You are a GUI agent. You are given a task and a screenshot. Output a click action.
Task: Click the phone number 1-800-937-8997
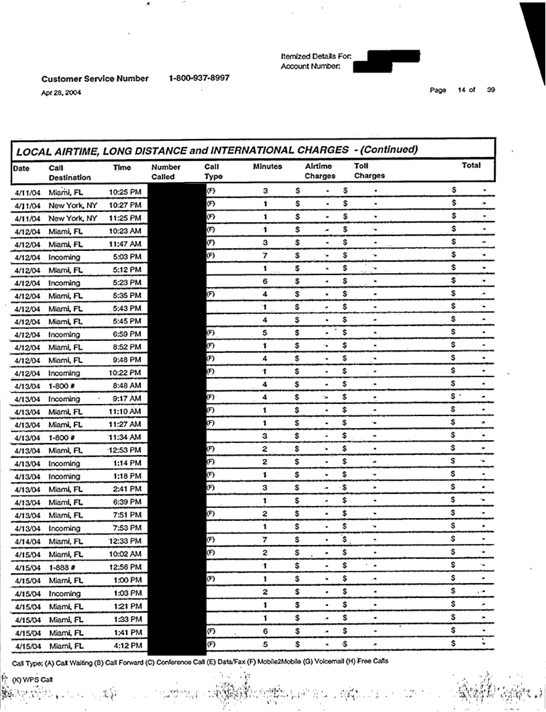199,78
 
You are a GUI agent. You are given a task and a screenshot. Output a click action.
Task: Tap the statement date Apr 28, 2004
62,93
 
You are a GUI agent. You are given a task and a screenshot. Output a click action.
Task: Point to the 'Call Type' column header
213,171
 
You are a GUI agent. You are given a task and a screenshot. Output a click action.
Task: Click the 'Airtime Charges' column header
320,171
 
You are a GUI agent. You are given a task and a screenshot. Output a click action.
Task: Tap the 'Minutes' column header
267,166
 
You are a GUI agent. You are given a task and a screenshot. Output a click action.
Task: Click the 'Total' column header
471,165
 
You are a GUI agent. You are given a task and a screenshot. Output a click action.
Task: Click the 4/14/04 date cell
27,542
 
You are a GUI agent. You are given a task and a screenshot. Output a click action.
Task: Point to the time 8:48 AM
125,385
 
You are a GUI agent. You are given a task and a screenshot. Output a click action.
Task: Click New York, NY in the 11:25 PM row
72,218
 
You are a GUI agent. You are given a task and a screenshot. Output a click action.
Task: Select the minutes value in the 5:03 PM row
266,256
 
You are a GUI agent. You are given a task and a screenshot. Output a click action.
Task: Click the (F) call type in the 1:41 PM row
210,631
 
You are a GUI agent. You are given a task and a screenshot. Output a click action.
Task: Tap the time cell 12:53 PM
124,449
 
